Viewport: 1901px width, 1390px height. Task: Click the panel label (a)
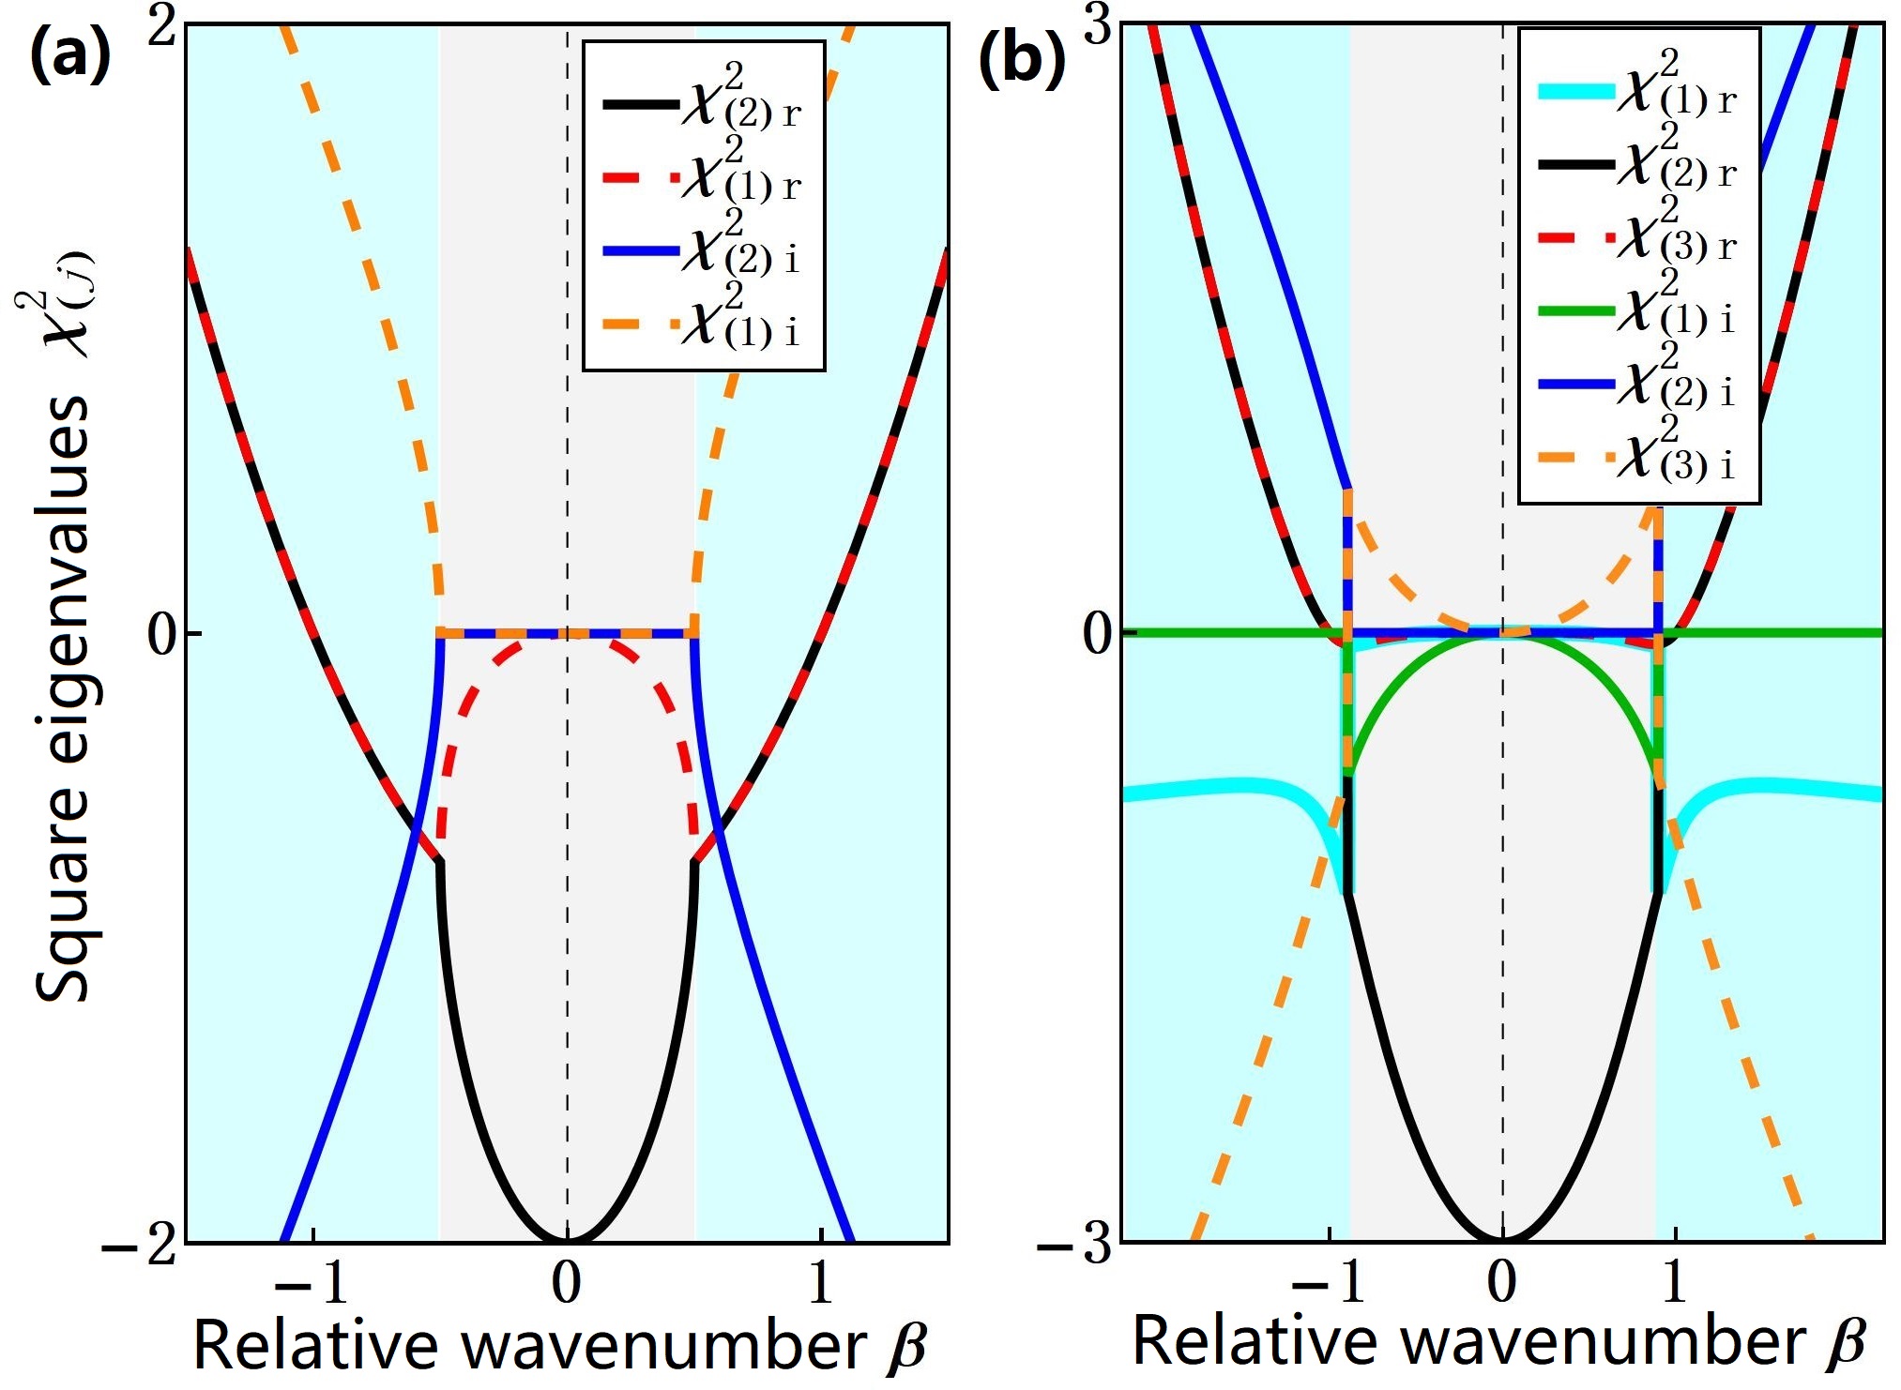click(x=70, y=58)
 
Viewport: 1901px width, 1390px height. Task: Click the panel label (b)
click(x=1022, y=62)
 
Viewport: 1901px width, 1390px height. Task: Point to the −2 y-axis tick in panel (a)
click(x=140, y=1247)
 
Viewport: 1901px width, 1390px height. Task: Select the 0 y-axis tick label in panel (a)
click(x=161, y=635)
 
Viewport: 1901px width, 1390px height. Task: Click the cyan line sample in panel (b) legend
click(x=1575, y=92)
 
